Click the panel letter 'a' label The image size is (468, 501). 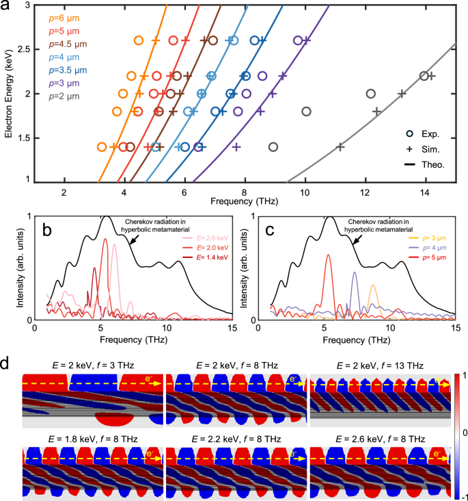8,8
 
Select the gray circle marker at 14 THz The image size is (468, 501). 424,76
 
